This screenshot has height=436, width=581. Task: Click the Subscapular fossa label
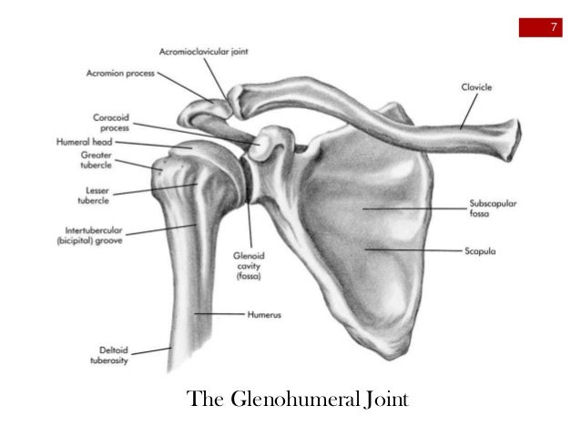tap(493, 209)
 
